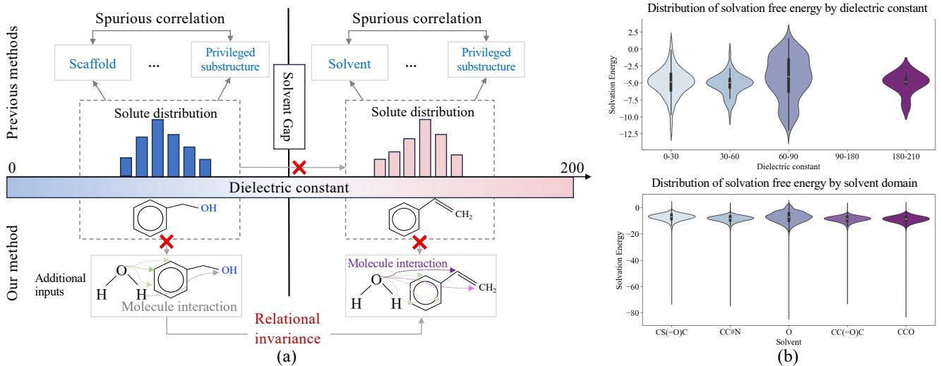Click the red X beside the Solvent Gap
click(x=299, y=168)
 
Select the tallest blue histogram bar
click(x=157, y=147)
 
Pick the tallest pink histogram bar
click(x=424, y=147)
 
